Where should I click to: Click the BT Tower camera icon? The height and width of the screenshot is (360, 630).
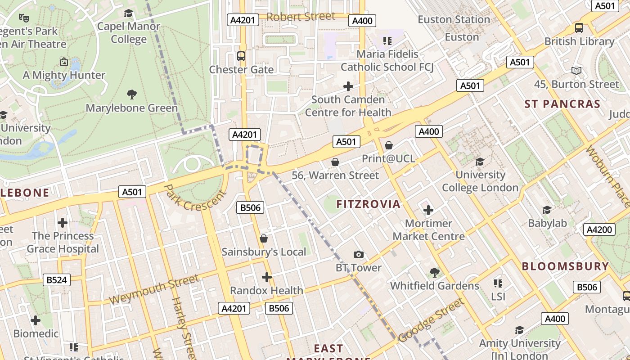[359, 255]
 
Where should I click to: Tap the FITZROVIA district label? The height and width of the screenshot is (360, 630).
[368, 204]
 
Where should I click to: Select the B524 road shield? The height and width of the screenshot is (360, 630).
[57, 280]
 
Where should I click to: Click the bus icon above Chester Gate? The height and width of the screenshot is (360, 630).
[241, 56]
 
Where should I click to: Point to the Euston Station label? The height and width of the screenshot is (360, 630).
[454, 19]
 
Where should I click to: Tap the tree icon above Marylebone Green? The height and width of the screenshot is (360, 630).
[131, 94]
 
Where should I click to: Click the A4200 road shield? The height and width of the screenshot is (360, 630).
[599, 229]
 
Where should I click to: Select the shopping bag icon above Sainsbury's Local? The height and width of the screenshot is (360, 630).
[264, 238]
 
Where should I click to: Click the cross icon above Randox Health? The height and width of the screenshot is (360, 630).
[267, 277]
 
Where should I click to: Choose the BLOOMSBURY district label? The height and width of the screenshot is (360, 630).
[565, 266]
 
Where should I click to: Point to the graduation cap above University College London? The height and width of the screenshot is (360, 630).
[480, 162]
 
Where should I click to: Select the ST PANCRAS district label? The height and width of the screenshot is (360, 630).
[562, 104]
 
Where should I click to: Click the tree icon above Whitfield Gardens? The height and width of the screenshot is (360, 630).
[434, 272]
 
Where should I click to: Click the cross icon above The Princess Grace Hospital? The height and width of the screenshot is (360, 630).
[63, 223]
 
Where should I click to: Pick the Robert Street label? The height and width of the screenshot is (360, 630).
[301, 17]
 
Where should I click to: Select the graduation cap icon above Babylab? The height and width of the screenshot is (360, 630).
[547, 210]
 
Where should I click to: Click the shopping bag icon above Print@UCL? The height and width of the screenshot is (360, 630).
[389, 145]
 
